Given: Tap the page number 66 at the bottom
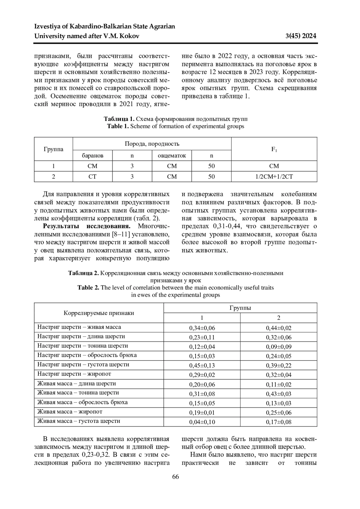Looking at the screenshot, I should click(x=175, y=477).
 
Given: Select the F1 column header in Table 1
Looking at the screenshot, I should click(x=274, y=149).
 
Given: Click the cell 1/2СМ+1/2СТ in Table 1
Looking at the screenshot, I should click(x=274, y=177).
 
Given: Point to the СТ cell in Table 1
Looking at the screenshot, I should click(x=92, y=177).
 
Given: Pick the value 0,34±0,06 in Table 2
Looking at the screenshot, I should click(x=202, y=328).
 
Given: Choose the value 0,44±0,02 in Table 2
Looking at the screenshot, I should click(x=278, y=328).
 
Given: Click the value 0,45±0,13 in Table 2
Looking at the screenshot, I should click(x=202, y=365).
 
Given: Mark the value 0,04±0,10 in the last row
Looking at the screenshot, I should click(x=202, y=422).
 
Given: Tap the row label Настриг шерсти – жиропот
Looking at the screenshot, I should click(x=74, y=374).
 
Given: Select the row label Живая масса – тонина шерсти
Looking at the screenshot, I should click(x=78, y=393).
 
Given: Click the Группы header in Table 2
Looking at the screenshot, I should click(x=240, y=308).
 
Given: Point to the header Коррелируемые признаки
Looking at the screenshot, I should click(x=99, y=313).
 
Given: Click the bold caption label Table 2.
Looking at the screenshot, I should click(x=88, y=288).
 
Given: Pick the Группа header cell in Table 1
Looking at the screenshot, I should click(x=53, y=149).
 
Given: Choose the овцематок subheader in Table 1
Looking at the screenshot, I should click(x=172, y=156).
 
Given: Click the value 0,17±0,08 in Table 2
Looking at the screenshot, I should click(x=278, y=422).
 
